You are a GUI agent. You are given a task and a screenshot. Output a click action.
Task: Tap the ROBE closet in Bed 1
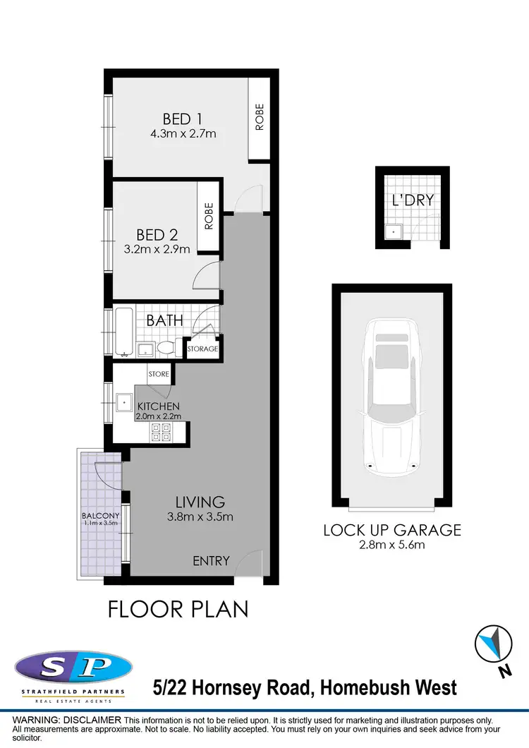(x=259, y=118)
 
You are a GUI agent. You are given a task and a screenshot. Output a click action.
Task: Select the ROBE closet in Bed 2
(x=209, y=217)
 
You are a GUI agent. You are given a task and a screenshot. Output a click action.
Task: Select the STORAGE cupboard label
(x=202, y=349)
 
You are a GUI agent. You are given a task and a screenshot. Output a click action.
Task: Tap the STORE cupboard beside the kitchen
(x=159, y=373)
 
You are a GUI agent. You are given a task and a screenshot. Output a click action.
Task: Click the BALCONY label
(x=99, y=515)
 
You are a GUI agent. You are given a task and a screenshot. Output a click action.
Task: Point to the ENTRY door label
(x=211, y=561)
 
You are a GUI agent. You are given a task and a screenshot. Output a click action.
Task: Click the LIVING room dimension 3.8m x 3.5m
(x=200, y=517)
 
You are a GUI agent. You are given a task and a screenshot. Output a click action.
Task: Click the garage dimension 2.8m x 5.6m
(x=391, y=544)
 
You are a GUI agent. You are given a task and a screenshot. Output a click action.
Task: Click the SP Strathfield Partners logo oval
(x=73, y=667)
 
